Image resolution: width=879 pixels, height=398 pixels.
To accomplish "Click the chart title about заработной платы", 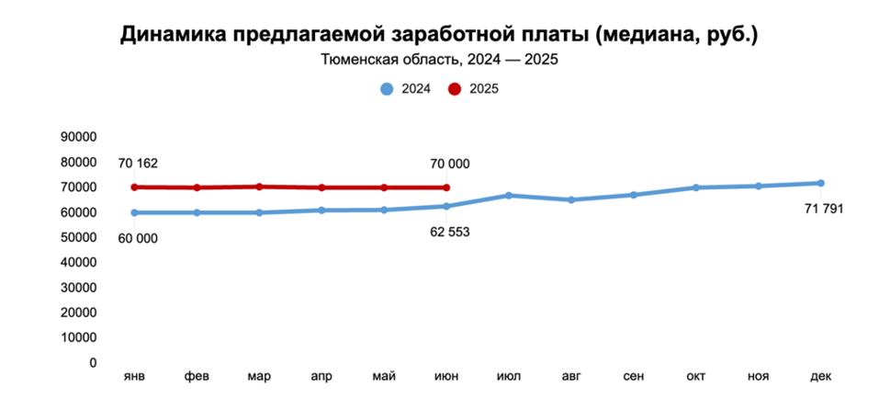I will point(439,35).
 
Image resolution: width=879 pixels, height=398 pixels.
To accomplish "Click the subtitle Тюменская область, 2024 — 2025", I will point(439,62).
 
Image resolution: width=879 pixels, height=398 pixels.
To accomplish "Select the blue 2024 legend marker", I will point(387,89).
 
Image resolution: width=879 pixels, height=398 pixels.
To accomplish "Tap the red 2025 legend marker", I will point(455,89).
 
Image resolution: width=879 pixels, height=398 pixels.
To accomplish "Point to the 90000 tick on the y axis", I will point(78,137).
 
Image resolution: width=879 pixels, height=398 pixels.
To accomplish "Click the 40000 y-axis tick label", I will point(78,262).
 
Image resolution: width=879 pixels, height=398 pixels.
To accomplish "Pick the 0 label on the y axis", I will point(93,362).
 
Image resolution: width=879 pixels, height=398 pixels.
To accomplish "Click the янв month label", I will point(134,377).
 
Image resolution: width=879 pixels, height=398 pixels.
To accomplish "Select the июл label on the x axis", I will point(509,377).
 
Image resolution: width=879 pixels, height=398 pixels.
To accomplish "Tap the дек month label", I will point(820,377).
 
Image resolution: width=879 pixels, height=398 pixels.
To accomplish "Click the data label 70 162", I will point(138,164).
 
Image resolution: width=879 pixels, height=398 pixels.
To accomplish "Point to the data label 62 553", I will point(449,232).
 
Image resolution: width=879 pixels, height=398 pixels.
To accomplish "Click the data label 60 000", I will point(138,238).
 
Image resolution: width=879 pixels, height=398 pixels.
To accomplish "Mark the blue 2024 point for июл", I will point(509,196).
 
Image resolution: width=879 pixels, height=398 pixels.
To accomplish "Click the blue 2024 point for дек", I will point(820,183).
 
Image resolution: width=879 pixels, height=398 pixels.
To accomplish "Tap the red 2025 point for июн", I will point(446,188).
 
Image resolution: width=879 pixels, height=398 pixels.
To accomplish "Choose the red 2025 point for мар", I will point(259,187).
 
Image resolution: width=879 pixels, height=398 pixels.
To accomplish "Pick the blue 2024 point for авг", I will point(571,199).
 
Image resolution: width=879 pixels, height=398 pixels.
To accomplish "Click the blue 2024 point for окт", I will point(695,188).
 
